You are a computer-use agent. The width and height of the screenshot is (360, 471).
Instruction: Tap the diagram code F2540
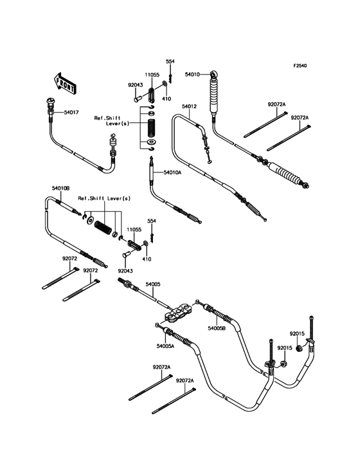(300, 65)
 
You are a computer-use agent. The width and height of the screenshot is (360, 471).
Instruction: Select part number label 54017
(71, 113)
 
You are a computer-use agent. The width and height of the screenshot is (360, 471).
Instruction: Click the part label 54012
(189, 106)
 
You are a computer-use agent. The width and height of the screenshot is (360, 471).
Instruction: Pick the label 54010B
(61, 189)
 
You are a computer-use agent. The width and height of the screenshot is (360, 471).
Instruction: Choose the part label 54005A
(165, 346)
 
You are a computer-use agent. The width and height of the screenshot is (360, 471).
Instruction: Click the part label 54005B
(217, 328)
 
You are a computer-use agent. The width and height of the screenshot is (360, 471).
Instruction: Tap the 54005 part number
(153, 284)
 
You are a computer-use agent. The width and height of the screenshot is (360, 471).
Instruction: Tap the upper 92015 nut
(298, 349)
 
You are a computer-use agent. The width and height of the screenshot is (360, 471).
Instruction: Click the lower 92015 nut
(283, 364)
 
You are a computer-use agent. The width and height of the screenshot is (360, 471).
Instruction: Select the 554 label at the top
(170, 61)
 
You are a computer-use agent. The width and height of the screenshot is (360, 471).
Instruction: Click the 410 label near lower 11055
(147, 259)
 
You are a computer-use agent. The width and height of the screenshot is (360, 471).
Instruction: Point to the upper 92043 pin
(138, 98)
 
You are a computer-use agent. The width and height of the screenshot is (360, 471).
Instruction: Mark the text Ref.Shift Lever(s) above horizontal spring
(104, 198)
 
